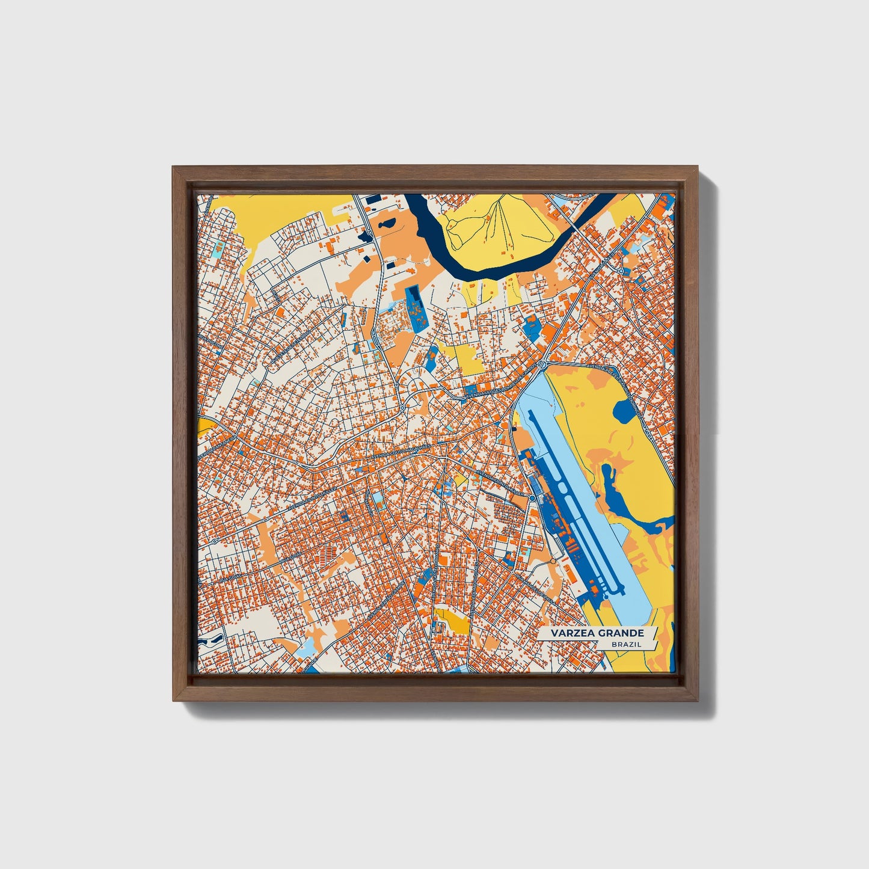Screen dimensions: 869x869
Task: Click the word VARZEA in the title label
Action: pos(575,633)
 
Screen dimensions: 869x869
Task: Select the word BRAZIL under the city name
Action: pos(626,644)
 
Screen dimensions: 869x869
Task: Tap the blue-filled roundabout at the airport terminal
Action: pos(533,499)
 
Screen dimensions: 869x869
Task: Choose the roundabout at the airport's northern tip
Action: pos(542,364)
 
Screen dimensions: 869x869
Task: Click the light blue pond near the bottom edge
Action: pos(306,648)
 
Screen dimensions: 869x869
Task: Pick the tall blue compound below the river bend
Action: pos(415,309)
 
